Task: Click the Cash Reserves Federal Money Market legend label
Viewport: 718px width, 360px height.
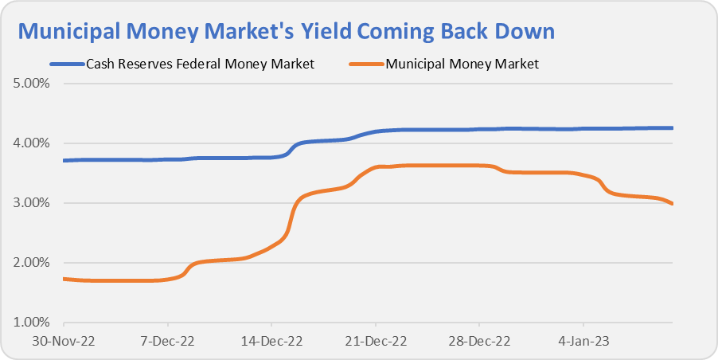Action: click(x=201, y=64)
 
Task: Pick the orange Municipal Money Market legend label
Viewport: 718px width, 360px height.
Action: click(x=462, y=64)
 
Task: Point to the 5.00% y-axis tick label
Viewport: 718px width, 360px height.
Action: click(x=31, y=83)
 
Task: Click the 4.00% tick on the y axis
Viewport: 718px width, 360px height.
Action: click(x=31, y=143)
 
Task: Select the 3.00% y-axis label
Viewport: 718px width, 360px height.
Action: click(x=31, y=203)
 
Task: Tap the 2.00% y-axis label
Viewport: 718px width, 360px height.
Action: click(x=31, y=263)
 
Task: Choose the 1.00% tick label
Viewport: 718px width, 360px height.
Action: click(x=31, y=323)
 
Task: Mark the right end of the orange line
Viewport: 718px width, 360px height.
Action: click(x=673, y=204)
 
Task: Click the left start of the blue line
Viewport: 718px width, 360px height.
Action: click(x=64, y=160)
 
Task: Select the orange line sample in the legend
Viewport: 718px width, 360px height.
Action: click(x=365, y=64)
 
